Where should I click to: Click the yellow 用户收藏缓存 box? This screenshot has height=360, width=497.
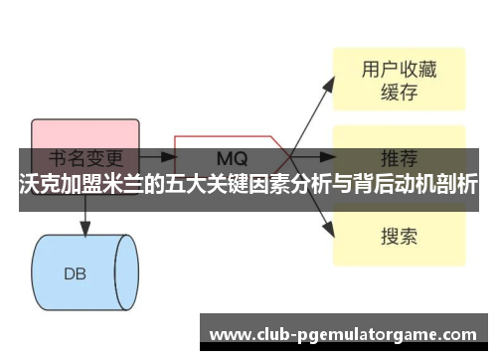point(399,80)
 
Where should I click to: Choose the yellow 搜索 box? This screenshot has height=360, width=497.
point(399,237)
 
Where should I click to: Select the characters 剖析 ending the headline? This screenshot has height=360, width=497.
point(456,185)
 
